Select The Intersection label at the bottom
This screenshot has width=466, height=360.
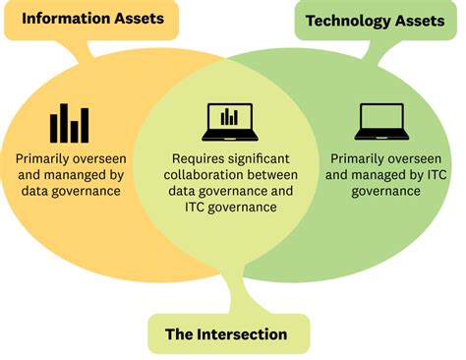tap(225, 334)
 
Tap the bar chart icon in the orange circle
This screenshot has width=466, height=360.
tap(69, 122)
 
